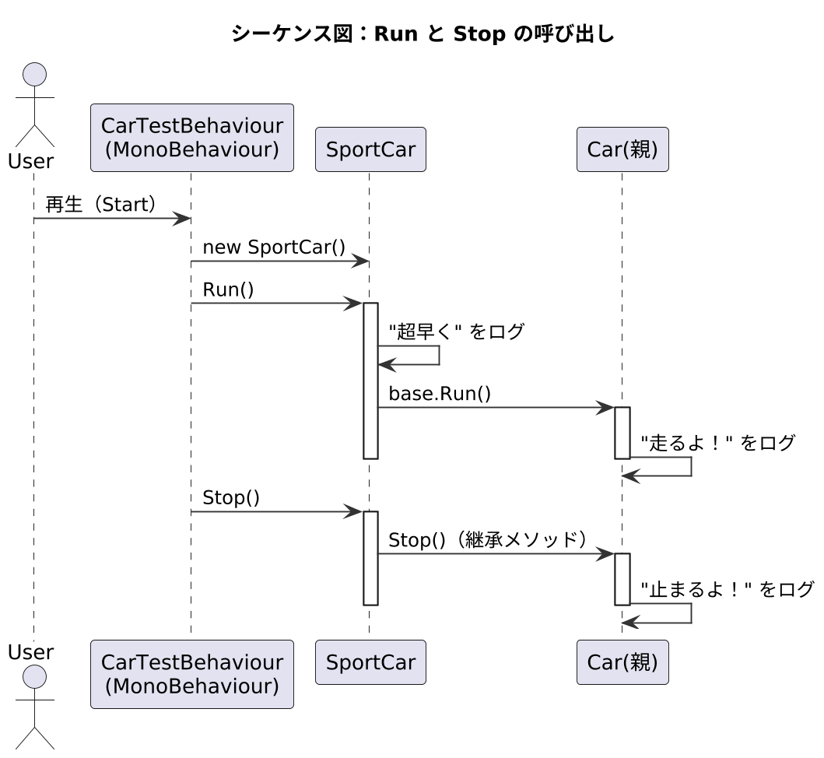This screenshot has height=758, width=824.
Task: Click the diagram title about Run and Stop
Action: click(423, 35)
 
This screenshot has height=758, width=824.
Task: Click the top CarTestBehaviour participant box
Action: click(191, 137)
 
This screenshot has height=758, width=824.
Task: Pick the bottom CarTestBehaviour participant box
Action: click(191, 673)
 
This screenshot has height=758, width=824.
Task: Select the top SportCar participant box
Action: click(370, 149)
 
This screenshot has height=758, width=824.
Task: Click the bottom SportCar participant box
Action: click(370, 662)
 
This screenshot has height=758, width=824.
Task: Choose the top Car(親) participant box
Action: click(622, 149)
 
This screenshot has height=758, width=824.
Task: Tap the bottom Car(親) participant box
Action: click(622, 662)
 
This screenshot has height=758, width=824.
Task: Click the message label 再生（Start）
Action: click(102, 205)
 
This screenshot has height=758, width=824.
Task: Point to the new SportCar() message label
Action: click(274, 247)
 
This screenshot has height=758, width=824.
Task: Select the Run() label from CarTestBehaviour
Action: click(228, 290)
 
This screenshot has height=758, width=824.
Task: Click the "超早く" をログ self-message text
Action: click(456, 332)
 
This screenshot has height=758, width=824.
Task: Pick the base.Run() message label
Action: click(440, 394)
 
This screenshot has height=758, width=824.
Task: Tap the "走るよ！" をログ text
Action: click(717, 443)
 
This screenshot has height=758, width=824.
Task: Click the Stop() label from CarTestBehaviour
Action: click(231, 498)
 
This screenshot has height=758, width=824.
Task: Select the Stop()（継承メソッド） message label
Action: click(487, 540)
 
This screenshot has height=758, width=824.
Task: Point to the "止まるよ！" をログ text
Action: click(727, 589)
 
